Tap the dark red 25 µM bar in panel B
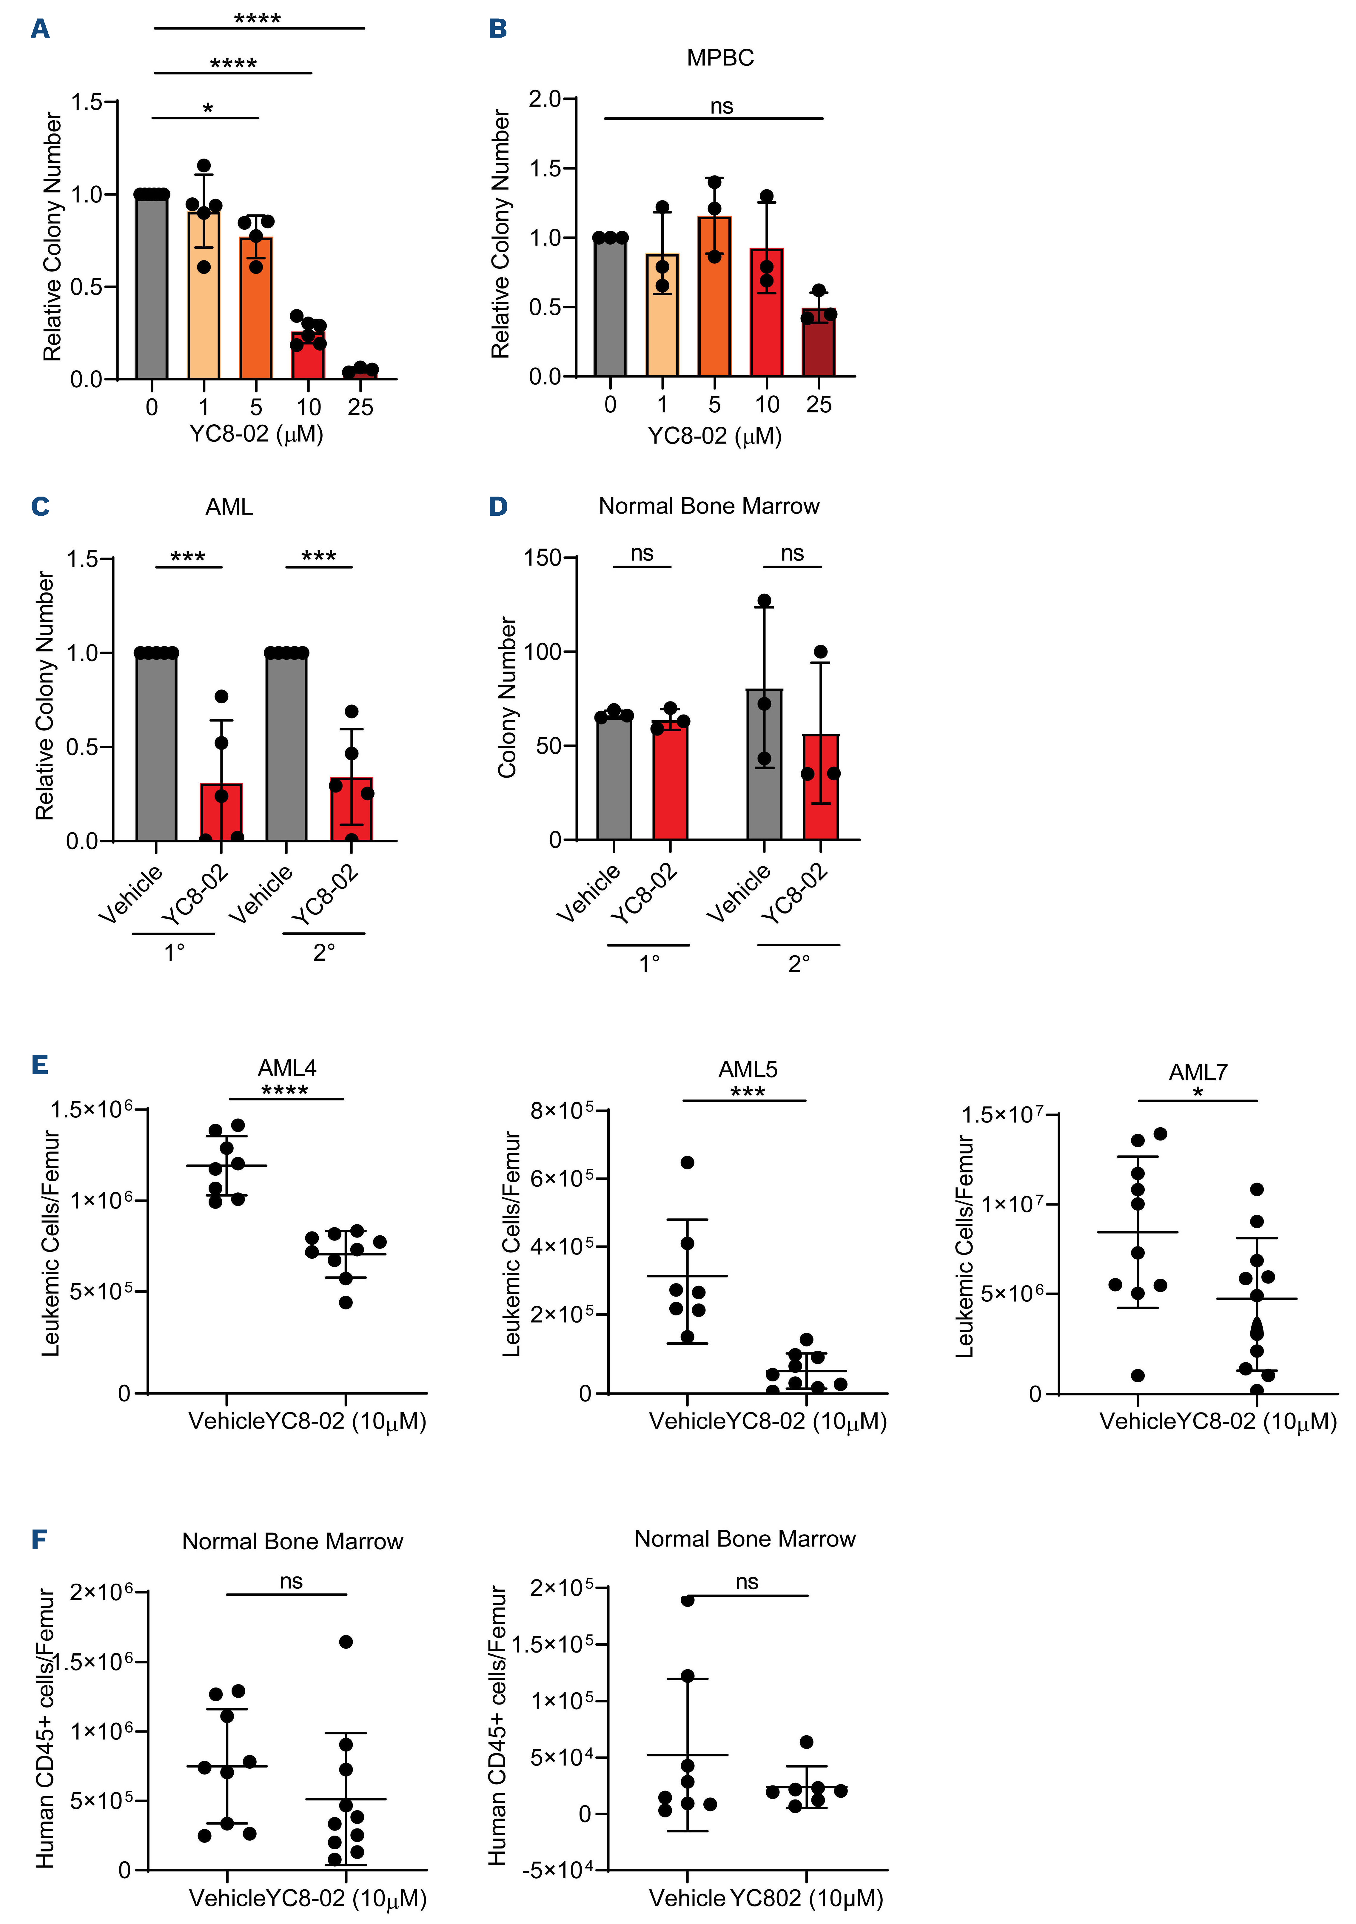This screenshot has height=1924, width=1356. tap(818, 344)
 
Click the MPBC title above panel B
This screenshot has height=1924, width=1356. tap(719, 58)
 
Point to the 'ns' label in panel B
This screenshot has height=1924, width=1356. tap(721, 106)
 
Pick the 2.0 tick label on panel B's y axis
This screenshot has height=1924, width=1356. tap(545, 99)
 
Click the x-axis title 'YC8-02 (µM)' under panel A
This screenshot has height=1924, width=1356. tap(255, 434)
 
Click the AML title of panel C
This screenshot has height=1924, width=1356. tap(229, 507)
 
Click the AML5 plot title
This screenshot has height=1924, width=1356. tap(747, 1069)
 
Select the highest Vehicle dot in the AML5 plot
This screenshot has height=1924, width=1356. tap(687, 1162)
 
